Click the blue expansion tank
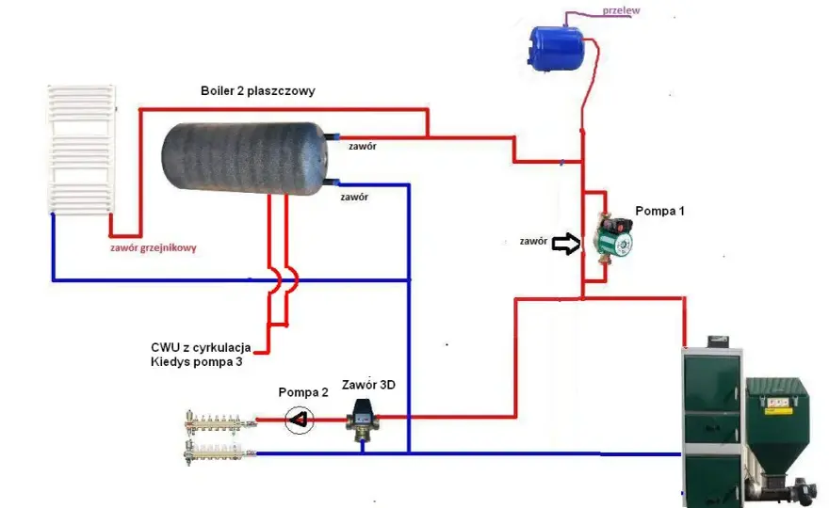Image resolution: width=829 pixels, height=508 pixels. pyautogui.click(x=556, y=49)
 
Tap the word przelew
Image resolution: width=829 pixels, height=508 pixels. pyautogui.click(x=621, y=10)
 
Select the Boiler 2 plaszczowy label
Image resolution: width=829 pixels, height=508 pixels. pyautogui.click(x=257, y=91)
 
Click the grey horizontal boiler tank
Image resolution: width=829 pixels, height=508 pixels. pyautogui.click(x=245, y=158)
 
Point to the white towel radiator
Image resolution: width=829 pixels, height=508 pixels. pyautogui.click(x=81, y=149)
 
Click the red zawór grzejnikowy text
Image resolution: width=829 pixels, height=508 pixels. pyautogui.click(x=154, y=247)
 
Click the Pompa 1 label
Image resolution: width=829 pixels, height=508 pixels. pyautogui.click(x=659, y=212)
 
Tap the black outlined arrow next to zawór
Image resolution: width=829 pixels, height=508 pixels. pyautogui.click(x=566, y=244)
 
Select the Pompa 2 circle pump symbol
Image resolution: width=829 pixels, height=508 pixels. pyautogui.click(x=300, y=420)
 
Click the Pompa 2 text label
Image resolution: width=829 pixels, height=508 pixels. pyautogui.click(x=303, y=392)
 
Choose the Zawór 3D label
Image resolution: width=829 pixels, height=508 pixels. pyautogui.click(x=368, y=385)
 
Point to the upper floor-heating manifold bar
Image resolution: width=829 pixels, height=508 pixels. pyautogui.click(x=219, y=421)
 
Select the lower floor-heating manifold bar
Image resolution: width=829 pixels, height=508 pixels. pyautogui.click(x=219, y=452)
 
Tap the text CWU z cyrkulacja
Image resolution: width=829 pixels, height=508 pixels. pyautogui.click(x=201, y=347)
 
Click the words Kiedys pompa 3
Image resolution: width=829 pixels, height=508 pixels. pyautogui.click(x=196, y=362)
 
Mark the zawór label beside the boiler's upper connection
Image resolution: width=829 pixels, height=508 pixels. pyautogui.click(x=362, y=146)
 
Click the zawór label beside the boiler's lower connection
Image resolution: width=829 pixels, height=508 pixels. pyautogui.click(x=354, y=197)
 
